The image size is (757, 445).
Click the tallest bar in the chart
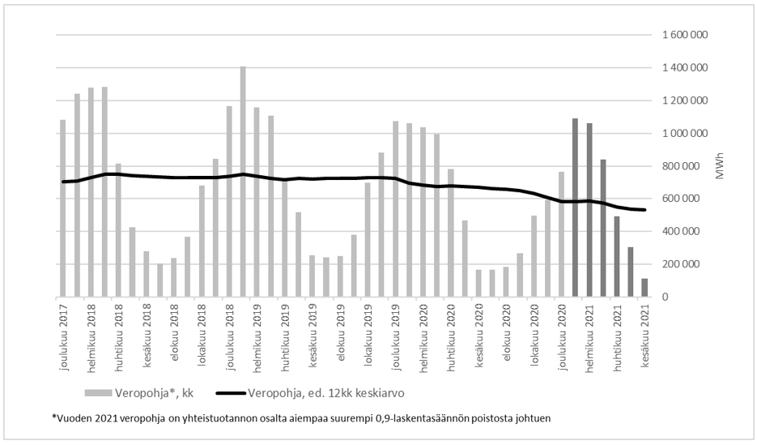pyautogui.click(x=243, y=182)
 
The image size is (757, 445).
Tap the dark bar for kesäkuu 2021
pyautogui.click(x=645, y=288)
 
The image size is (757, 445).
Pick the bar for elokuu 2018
pyautogui.click(x=173, y=277)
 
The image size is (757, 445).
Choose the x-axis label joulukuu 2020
pyautogui.click(x=562, y=336)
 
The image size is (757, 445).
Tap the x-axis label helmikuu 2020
pyautogui.click(x=423, y=336)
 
